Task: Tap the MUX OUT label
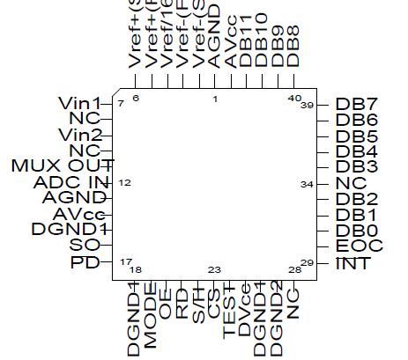pyautogui.click(x=61, y=166)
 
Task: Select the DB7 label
pyautogui.click(x=357, y=104)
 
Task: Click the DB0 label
pyautogui.click(x=357, y=231)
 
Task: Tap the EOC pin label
pyautogui.click(x=359, y=246)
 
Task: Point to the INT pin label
pyautogui.click(x=353, y=263)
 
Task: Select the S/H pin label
pyautogui.click(x=198, y=308)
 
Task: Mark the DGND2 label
pyautogui.click(x=276, y=320)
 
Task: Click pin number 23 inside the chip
pyautogui.click(x=214, y=269)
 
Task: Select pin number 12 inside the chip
pyautogui.click(x=124, y=182)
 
